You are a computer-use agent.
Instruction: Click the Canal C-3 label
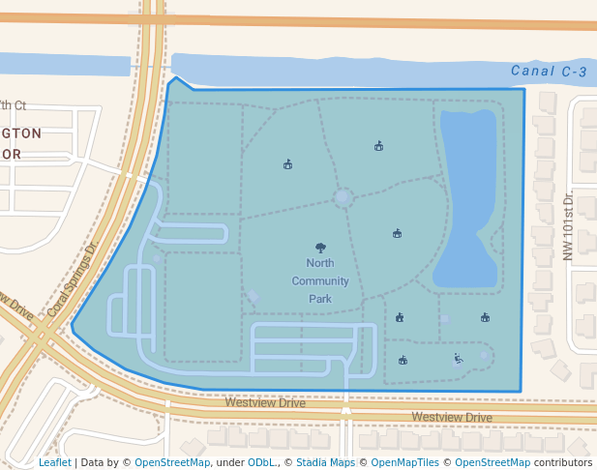(549, 72)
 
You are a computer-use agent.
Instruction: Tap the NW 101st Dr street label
(568, 226)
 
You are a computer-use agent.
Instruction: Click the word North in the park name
(320, 263)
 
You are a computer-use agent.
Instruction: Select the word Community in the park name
(320, 280)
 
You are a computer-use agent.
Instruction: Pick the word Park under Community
(320, 299)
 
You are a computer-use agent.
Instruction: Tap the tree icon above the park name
(320, 248)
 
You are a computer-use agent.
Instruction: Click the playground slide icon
(458, 359)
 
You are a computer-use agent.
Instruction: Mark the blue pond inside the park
(469, 193)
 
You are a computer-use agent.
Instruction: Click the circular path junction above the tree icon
(343, 197)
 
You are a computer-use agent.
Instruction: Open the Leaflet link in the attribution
(55, 463)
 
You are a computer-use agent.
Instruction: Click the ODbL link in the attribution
(261, 463)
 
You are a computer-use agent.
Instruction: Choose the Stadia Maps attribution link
(325, 463)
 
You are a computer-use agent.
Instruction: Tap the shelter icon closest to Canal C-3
(378, 146)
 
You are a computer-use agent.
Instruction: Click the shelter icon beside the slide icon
(403, 361)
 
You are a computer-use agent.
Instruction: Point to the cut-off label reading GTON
(21, 133)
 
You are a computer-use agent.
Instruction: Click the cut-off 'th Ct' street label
(14, 105)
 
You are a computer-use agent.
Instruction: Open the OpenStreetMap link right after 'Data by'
(172, 463)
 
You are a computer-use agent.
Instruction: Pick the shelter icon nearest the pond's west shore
(397, 233)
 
